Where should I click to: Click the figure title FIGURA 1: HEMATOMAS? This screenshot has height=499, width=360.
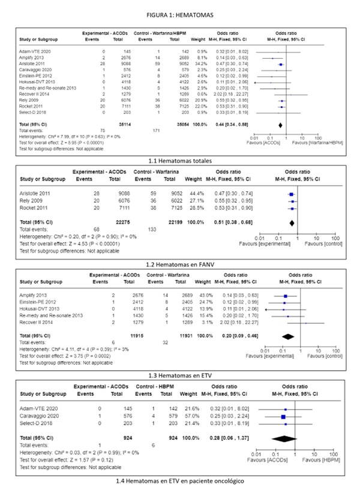coord(179,13)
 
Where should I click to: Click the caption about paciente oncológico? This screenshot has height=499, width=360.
coord(180,481)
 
